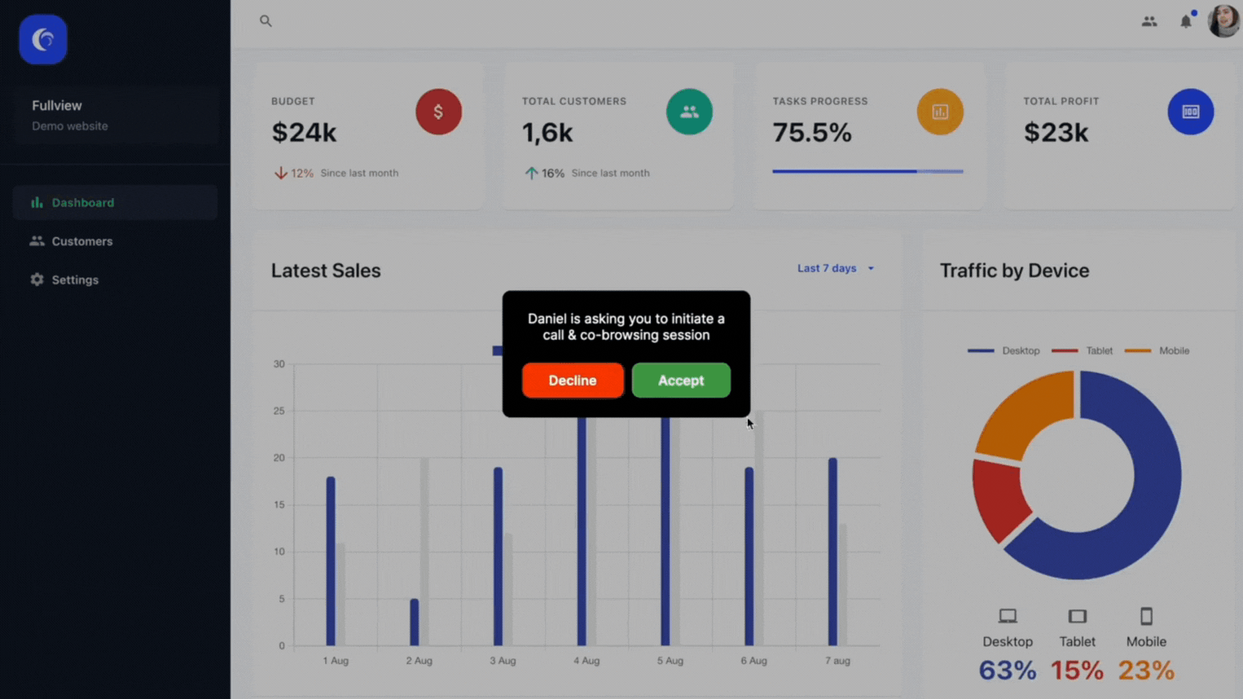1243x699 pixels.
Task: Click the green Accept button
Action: [x=681, y=381]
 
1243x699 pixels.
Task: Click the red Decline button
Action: [x=572, y=381]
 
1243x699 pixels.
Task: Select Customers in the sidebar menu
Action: [x=82, y=241]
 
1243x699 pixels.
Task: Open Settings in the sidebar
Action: [x=75, y=280]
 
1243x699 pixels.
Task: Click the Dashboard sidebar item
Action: [x=83, y=203]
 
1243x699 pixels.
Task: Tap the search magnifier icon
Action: [x=265, y=21]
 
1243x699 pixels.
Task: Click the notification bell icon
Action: [x=1185, y=21]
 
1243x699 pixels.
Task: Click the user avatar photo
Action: [x=1223, y=21]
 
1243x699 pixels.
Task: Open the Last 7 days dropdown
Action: [x=835, y=269]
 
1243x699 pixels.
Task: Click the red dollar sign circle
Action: [x=438, y=112]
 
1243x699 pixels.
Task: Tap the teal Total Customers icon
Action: [x=689, y=112]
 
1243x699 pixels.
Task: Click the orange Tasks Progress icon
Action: [x=939, y=112]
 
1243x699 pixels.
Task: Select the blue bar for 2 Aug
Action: [x=414, y=622]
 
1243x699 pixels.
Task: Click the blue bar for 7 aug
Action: [x=833, y=550]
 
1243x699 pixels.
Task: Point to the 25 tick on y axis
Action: [x=279, y=411]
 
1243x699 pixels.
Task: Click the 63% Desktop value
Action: [x=1007, y=671]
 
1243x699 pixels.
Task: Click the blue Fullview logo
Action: [x=43, y=39]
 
